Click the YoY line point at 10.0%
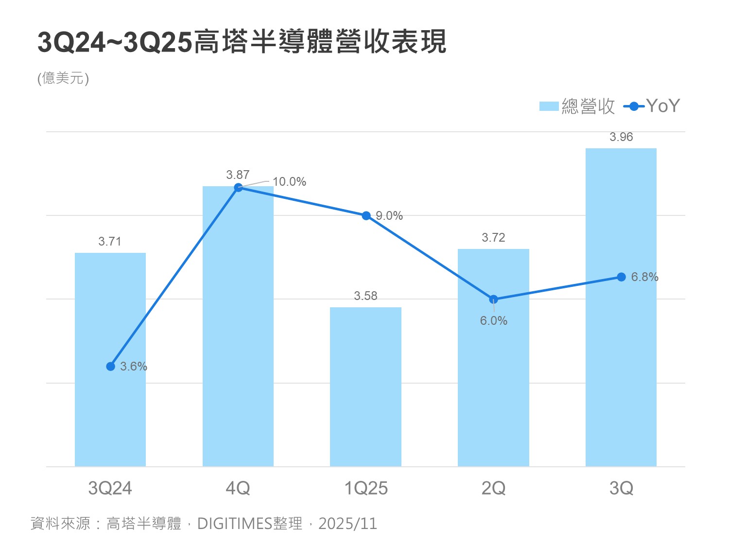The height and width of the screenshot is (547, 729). pos(238,188)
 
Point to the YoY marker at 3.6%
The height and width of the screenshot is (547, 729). pos(111,366)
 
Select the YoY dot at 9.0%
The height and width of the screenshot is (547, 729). pos(366,215)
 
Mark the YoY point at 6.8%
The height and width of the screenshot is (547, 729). pos(621,277)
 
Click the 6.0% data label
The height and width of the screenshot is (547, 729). pos(493,321)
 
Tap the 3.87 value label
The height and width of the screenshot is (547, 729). pos(238,175)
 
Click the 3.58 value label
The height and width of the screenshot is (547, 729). pos(365,296)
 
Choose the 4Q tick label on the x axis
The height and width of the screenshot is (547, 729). pos(238,488)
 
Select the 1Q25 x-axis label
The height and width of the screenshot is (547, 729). pos(365,488)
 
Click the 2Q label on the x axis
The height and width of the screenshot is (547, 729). pos(493,488)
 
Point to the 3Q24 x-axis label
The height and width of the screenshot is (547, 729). pos(110,488)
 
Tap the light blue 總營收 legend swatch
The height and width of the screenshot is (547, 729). pos(549,106)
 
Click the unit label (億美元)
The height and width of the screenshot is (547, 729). pos(63,78)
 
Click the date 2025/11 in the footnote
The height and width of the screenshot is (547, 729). pos(347,524)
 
